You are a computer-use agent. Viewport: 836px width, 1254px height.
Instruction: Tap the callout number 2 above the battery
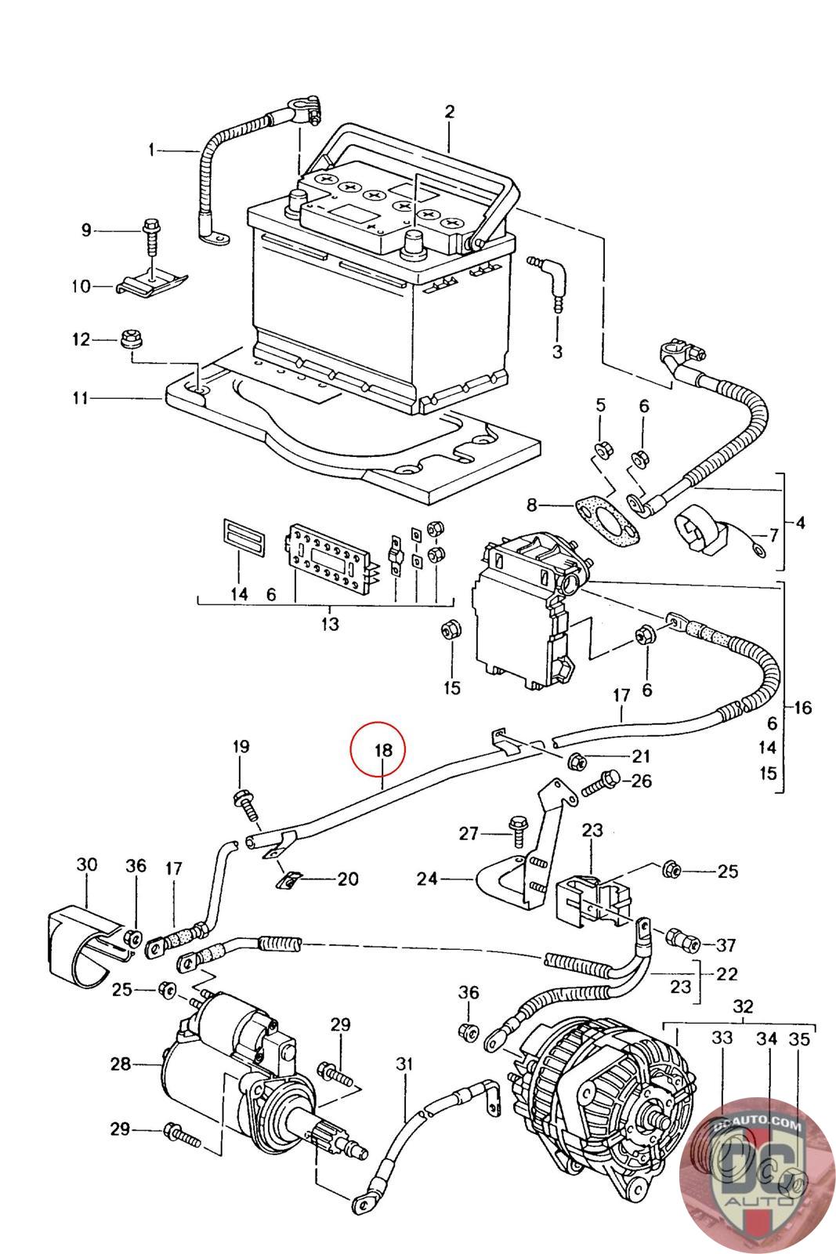[x=450, y=111]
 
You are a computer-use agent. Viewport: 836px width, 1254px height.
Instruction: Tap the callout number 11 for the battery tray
[x=80, y=398]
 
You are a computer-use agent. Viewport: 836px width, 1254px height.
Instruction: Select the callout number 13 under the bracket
[x=330, y=624]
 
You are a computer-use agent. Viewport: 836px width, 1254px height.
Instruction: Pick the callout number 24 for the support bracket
[x=427, y=879]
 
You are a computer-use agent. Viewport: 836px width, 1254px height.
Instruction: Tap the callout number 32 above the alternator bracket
[x=742, y=1006]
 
